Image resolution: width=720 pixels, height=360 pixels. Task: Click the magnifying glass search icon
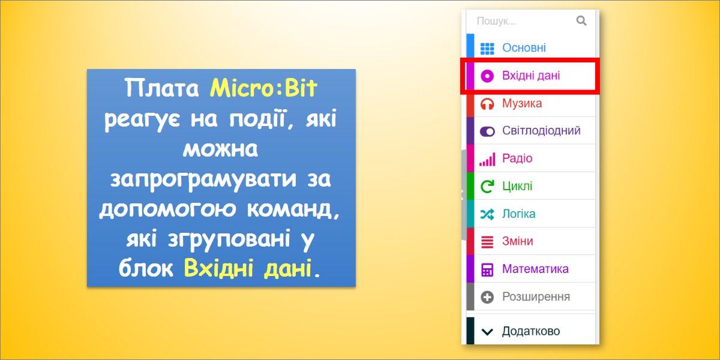[x=581, y=21]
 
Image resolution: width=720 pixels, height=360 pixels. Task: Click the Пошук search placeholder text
[x=496, y=21]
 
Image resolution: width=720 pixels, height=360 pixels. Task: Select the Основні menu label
[x=524, y=48]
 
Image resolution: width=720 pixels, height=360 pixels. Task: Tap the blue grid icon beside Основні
[x=487, y=49]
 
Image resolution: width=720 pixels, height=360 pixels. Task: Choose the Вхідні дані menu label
[x=531, y=76]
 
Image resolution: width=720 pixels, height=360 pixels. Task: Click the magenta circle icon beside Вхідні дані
[x=487, y=76]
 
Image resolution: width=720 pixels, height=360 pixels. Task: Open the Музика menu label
[x=522, y=103]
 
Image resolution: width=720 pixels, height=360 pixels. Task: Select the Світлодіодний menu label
[x=541, y=131]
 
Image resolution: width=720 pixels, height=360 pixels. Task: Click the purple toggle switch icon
[x=487, y=131]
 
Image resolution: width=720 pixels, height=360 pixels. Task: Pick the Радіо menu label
[x=517, y=158]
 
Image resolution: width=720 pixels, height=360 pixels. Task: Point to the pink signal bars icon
[x=487, y=160]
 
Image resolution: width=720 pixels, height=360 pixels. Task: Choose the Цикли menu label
[x=517, y=186]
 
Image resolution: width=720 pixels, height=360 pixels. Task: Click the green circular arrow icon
[x=487, y=186]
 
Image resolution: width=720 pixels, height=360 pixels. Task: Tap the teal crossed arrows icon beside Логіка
[x=487, y=214]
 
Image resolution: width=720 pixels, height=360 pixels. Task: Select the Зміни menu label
[x=517, y=241]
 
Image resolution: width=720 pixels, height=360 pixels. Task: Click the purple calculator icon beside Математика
[x=487, y=269]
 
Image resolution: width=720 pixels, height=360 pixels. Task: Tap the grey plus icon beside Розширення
[x=487, y=297]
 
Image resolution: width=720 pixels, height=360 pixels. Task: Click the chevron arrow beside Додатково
[x=487, y=332]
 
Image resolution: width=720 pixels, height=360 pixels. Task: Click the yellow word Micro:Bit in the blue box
[x=263, y=88]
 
